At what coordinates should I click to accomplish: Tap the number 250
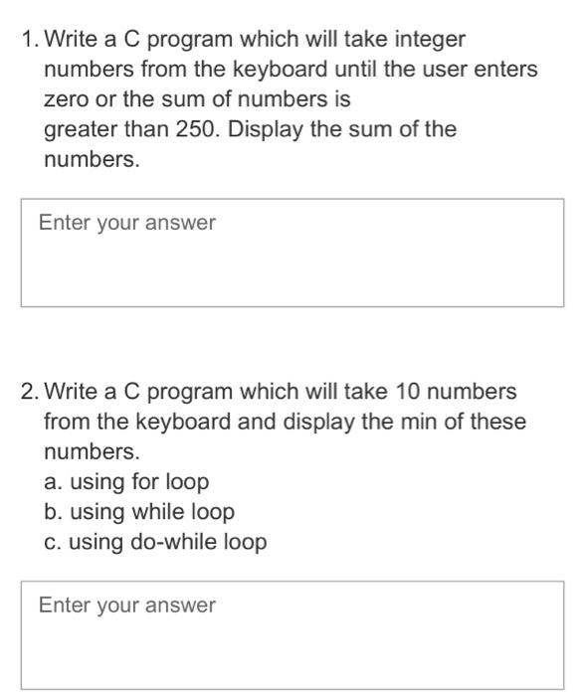(x=197, y=130)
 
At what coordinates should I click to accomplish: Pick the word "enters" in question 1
(x=505, y=71)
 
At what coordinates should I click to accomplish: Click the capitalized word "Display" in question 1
(x=267, y=130)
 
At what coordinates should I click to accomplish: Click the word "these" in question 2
(x=497, y=422)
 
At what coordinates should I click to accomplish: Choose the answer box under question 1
(x=292, y=253)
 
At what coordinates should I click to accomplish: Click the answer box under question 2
(x=292, y=635)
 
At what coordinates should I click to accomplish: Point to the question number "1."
(x=30, y=41)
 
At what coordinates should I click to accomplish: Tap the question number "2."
(x=30, y=391)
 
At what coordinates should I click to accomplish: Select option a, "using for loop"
(x=126, y=482)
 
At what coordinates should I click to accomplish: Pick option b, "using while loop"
(x=139, y=512)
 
